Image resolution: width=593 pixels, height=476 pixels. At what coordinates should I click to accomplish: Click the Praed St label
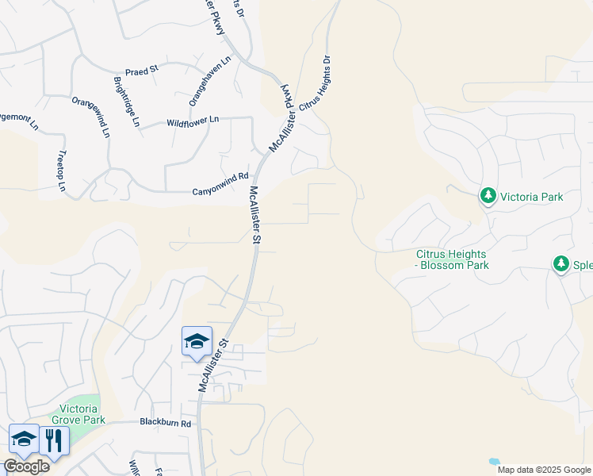click(x=142, y=71)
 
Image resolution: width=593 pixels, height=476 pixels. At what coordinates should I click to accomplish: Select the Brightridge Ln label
click(x=126, y=102)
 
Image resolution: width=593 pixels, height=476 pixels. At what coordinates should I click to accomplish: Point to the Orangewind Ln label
click(x=90, y=117)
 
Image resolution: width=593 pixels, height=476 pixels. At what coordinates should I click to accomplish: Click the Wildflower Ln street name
click(x=192, y=122)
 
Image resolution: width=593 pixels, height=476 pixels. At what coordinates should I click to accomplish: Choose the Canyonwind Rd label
click(x=220, y=191)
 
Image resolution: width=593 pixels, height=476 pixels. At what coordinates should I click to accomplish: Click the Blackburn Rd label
click(x=166, y=423)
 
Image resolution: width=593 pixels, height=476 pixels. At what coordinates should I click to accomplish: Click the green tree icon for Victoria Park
click(x=488, y=195)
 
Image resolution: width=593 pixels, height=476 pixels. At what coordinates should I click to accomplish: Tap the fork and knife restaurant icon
click(x=54, y=440)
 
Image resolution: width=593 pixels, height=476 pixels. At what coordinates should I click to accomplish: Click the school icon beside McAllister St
click(x=197, y=341)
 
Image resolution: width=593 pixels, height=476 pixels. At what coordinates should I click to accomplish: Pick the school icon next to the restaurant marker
click(x=24, y=440)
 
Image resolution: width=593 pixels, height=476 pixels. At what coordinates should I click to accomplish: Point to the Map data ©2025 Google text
click(x=544, y=470)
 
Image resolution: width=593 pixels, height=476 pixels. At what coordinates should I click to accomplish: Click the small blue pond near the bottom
click(x=495, y=461)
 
